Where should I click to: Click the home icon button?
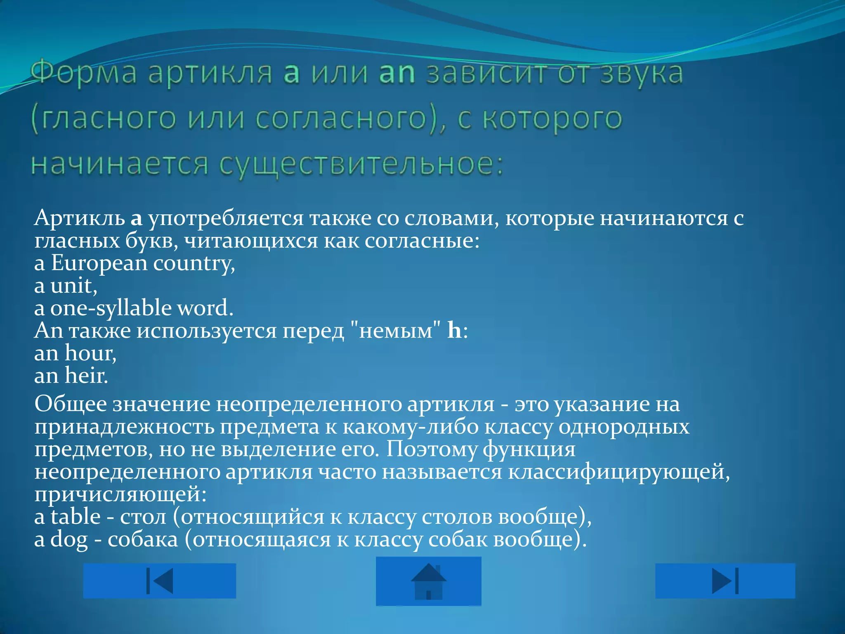[428, 581]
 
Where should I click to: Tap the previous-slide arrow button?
[159, 581]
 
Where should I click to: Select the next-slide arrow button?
[725, 581]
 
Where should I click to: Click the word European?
[99, 263]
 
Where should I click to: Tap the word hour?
[90, 353]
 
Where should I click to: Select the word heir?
[86, 376]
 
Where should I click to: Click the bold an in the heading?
[397, 73]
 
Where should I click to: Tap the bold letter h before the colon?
[454, 331]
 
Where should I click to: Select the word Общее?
[71, 404]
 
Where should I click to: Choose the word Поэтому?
[431, 449]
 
